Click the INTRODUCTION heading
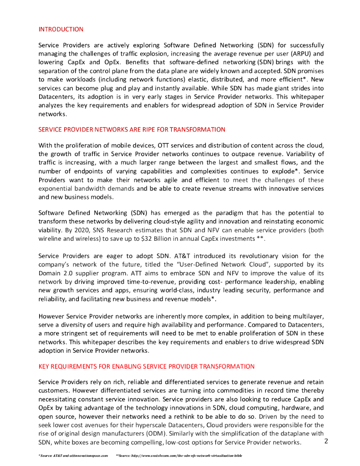click(x=61, y=30)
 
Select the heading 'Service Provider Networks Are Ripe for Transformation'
click(x=132, y=130)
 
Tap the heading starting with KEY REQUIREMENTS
click(x=146, y=366)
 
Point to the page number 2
click(x=326, y=441)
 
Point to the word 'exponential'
click(x=56, y=188)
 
